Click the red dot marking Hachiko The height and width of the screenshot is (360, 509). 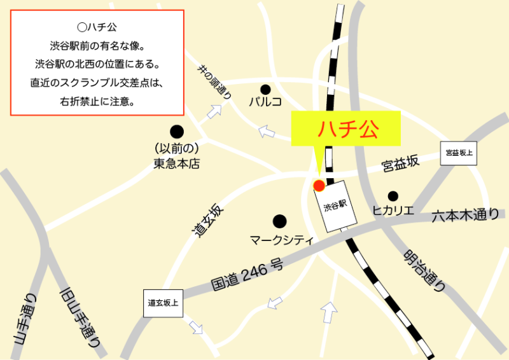[319, 185]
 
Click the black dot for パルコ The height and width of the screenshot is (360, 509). [265, 89]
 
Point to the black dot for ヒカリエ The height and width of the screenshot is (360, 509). [393, 196]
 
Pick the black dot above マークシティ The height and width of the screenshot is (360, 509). [279, 221]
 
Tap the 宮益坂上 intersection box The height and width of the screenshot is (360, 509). [460, 153]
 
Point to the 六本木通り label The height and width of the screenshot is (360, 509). [465, 216]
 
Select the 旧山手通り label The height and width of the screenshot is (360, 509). [80, 317]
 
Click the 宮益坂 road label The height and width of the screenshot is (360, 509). [401, 164]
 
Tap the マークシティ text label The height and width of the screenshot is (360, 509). [281, 240]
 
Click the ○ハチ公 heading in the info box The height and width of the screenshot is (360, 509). [97, 28]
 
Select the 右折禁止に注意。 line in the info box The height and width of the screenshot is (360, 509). [97, 101]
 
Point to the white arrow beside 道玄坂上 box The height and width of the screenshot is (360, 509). [195, 328]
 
